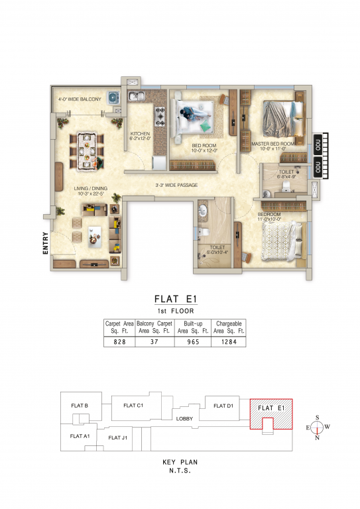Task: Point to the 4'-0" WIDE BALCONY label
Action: (x=80, y=99)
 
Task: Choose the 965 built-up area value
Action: (x=193, y=341)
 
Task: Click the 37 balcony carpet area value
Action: (x=154, y=341)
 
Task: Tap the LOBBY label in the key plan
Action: (x=184, y=419)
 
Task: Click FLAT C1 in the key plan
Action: (x=133, y=404)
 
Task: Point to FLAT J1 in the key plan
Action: (x=118, y=437)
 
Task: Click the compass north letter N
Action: (x=318, y=437)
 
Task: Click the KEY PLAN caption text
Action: (x=180, y=461)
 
